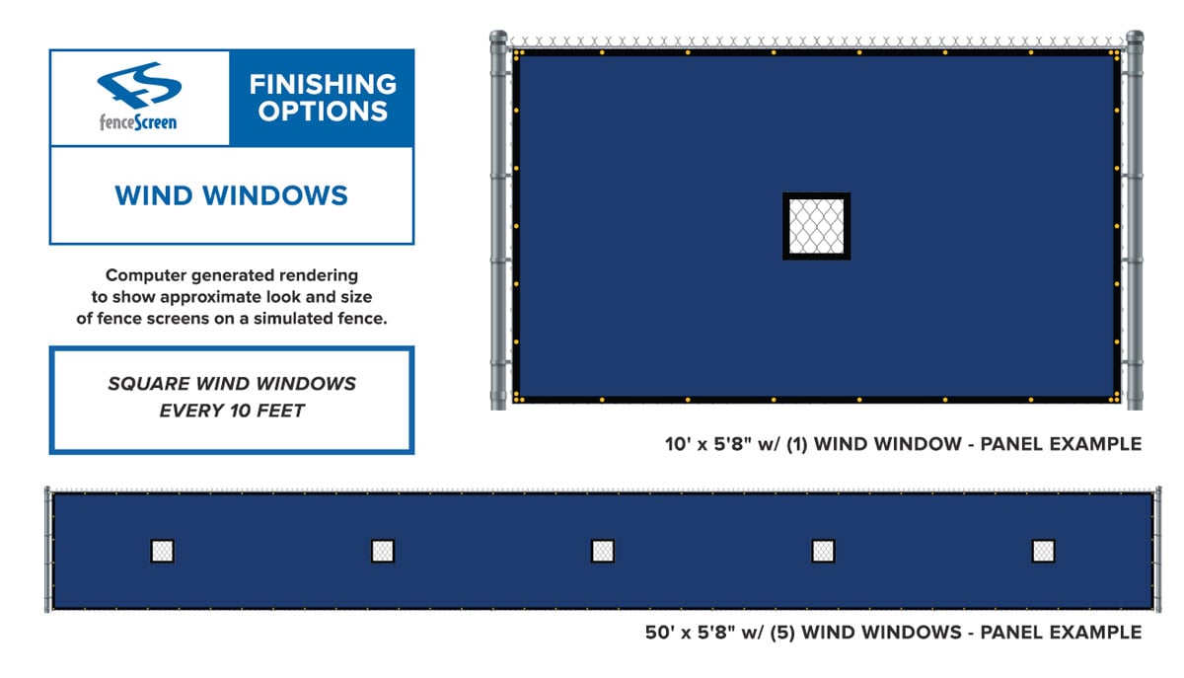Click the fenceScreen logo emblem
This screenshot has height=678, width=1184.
[x=139, y=85]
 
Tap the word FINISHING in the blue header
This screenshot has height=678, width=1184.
[x=323, y=85]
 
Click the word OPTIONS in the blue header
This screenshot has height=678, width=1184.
[x=323, y=112]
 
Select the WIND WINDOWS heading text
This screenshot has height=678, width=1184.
[x=232, y=195]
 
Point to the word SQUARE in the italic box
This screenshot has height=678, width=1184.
[x=149, y=384]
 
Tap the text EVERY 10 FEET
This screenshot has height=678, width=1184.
[x=232, y=411]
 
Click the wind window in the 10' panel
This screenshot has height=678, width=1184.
[x=816, y=226]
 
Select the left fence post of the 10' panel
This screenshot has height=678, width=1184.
[x=498, y=220]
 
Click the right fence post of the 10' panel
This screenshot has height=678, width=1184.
[x=1135, y=220]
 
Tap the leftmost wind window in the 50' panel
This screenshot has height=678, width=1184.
[x=162, y=551]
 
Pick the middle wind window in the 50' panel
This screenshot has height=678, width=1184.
[x=603, y=551]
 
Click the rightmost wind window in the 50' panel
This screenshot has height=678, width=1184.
[x=1044, y=551]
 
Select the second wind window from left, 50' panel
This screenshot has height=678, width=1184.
[x=383, y=551]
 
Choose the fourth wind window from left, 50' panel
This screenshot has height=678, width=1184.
[x=823, y=551]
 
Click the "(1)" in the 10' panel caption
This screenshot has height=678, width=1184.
[x=797, y=444]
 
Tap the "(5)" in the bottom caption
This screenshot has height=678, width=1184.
[x=782, y=633]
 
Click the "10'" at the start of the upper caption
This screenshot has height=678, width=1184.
[x=677, y=444]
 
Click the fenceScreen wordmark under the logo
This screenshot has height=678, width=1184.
[x=138, y=122]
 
